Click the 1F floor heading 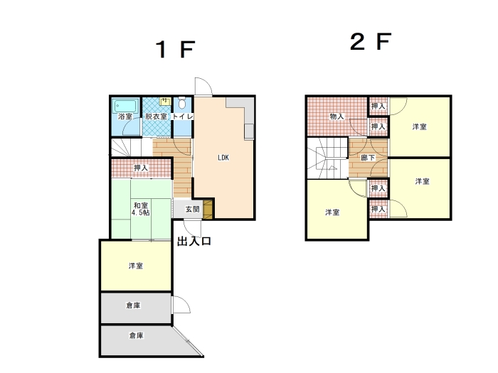pos(175,50)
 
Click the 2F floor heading pos(371,41)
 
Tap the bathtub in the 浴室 pos(126,106)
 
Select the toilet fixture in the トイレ pos(182,103)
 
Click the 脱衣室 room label pos(156,117)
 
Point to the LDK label pos(223,158)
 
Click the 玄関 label pos(193,209)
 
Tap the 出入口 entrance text pos(194,241)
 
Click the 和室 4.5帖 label pos(141,209)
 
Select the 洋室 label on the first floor pos(136,266)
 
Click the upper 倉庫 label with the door pos(134,306)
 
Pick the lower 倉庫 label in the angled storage pos(137,335)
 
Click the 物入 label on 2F pos(337,117)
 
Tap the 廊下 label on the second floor pos(368,158)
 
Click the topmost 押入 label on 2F pos(378,107)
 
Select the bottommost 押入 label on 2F pos(378,210)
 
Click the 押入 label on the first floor pos(141,168)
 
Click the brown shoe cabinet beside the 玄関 pos(208,209)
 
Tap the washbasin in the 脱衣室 pos(166,101)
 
